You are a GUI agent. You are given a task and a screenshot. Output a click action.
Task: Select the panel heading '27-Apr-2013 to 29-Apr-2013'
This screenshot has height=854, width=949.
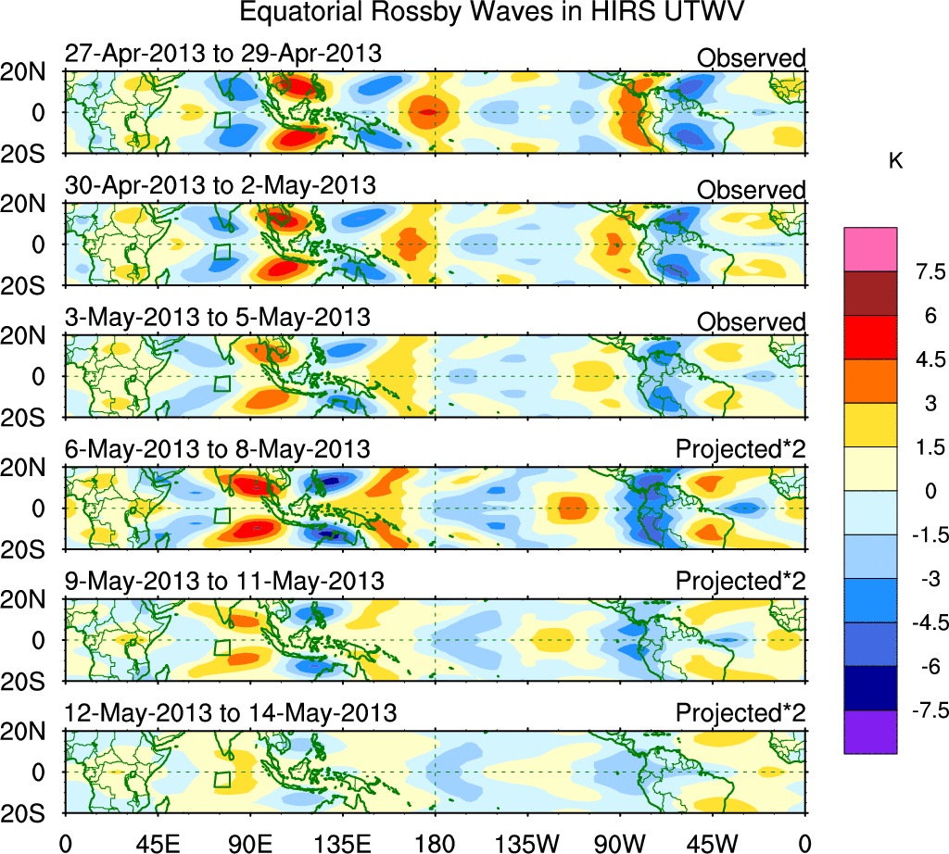click(x=222, y=54)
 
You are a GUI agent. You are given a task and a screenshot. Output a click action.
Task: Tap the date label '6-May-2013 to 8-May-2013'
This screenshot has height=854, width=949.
click(x=217, y=449)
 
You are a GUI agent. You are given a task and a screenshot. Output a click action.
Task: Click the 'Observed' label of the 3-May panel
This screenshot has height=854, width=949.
click(x=751, y=321)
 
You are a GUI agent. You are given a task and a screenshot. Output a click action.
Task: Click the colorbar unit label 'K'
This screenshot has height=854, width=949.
click(x=895, y=161)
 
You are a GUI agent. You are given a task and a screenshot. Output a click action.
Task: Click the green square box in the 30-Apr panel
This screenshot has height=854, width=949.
click(x=222, y=252)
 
